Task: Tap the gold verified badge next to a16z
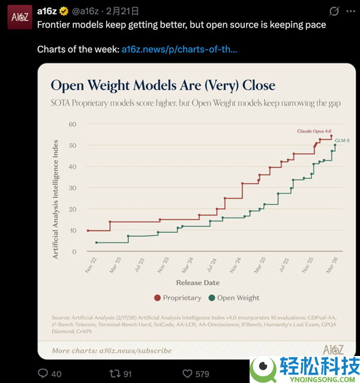(x=65, y=11)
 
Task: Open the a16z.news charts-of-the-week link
(x=179, y=49)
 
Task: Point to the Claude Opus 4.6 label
(x=314, y=130)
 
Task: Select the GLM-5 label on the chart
(x=341, y=140)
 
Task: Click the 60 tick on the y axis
(x=73, y=124)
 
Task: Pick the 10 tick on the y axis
(x=73, y=231)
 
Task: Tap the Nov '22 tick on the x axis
(x=90, y=264)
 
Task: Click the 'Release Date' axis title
(x=197, y=282)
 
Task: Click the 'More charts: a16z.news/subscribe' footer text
(x=112, y=351)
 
